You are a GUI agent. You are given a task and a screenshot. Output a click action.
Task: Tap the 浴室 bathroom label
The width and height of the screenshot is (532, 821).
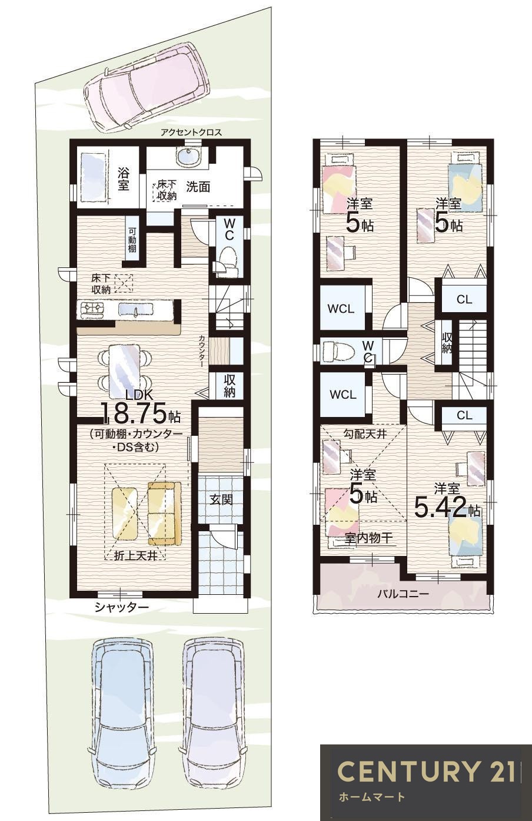tap(124, 179)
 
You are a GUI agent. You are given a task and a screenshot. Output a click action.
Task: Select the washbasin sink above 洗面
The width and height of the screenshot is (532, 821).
tap(188, 158)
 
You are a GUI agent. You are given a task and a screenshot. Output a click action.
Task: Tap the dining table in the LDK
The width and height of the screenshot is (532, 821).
tap(125, 370)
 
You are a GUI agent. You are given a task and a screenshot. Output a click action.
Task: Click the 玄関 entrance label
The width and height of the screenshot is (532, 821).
tap(221, 499)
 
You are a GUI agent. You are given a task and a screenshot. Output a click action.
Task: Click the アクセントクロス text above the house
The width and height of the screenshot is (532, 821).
tap(191, 133)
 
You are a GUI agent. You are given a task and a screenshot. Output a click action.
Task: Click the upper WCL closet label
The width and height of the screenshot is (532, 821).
tap(341, 309)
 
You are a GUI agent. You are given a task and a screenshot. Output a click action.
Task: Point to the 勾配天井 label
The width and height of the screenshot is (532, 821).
tap(365, 434)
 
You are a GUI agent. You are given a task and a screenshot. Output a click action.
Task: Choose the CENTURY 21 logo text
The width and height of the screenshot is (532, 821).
tap(425, 768)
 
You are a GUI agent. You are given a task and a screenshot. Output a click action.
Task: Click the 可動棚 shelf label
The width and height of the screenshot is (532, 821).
tap(132, 240)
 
